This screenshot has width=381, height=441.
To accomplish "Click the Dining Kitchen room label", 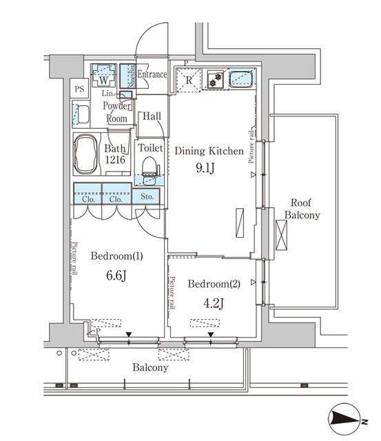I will click(207, 150).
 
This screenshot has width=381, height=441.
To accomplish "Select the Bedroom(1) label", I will click(117, 257).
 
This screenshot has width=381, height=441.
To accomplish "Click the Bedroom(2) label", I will click(213, 284).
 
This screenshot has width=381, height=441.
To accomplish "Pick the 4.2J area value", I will click(213, 302).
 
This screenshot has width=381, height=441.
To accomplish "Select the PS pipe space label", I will click(79, 89).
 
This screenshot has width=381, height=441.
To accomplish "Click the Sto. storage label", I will click(147, 196).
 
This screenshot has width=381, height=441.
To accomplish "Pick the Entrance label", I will click(152, 74).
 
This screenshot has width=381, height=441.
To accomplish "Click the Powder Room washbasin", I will click(81, 114).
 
